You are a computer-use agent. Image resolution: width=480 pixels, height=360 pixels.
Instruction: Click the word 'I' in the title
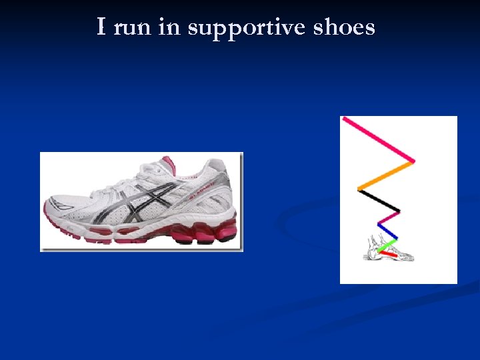pyautogui.click(x=101, y=27)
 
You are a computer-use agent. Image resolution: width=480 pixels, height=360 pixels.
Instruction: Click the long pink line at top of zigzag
pyautogui.click(x=377, y=139)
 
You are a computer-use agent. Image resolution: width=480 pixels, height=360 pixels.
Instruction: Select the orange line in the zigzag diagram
pyautogui.click(x=386, y=175)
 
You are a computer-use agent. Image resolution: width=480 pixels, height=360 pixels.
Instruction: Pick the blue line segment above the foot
pyautogui.click(x=389, y=230)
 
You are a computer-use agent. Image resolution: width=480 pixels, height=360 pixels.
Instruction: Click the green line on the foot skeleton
pyautogui.click(x=387, y=245)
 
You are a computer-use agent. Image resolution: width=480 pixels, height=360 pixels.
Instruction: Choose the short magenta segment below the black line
pyautogui.click(x=389, y=218)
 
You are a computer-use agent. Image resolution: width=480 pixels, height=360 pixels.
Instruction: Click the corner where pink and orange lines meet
pyautogui.click(x=413, y=161)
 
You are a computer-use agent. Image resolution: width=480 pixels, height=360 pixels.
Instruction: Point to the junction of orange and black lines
pyautogui.click(x=359, y=189)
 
